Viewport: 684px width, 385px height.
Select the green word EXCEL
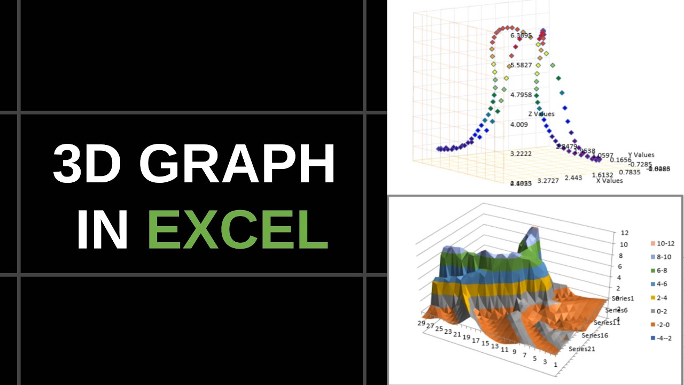[x=238, y=230]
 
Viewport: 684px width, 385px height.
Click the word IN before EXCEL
[x=102, y=230]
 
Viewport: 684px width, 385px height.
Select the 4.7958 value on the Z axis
[x=521, y=95]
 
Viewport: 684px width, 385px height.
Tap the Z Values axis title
[x=541, y=114]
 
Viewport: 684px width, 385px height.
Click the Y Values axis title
[x=641, y=155]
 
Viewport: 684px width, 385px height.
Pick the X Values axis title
[x=609, y=181]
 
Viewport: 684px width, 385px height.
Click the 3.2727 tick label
[x=548, y=181]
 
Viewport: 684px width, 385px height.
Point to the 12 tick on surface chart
[x=610, y=233]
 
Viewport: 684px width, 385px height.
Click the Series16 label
[x=596, y=335]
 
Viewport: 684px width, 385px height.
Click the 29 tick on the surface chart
[x=422, y=323]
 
